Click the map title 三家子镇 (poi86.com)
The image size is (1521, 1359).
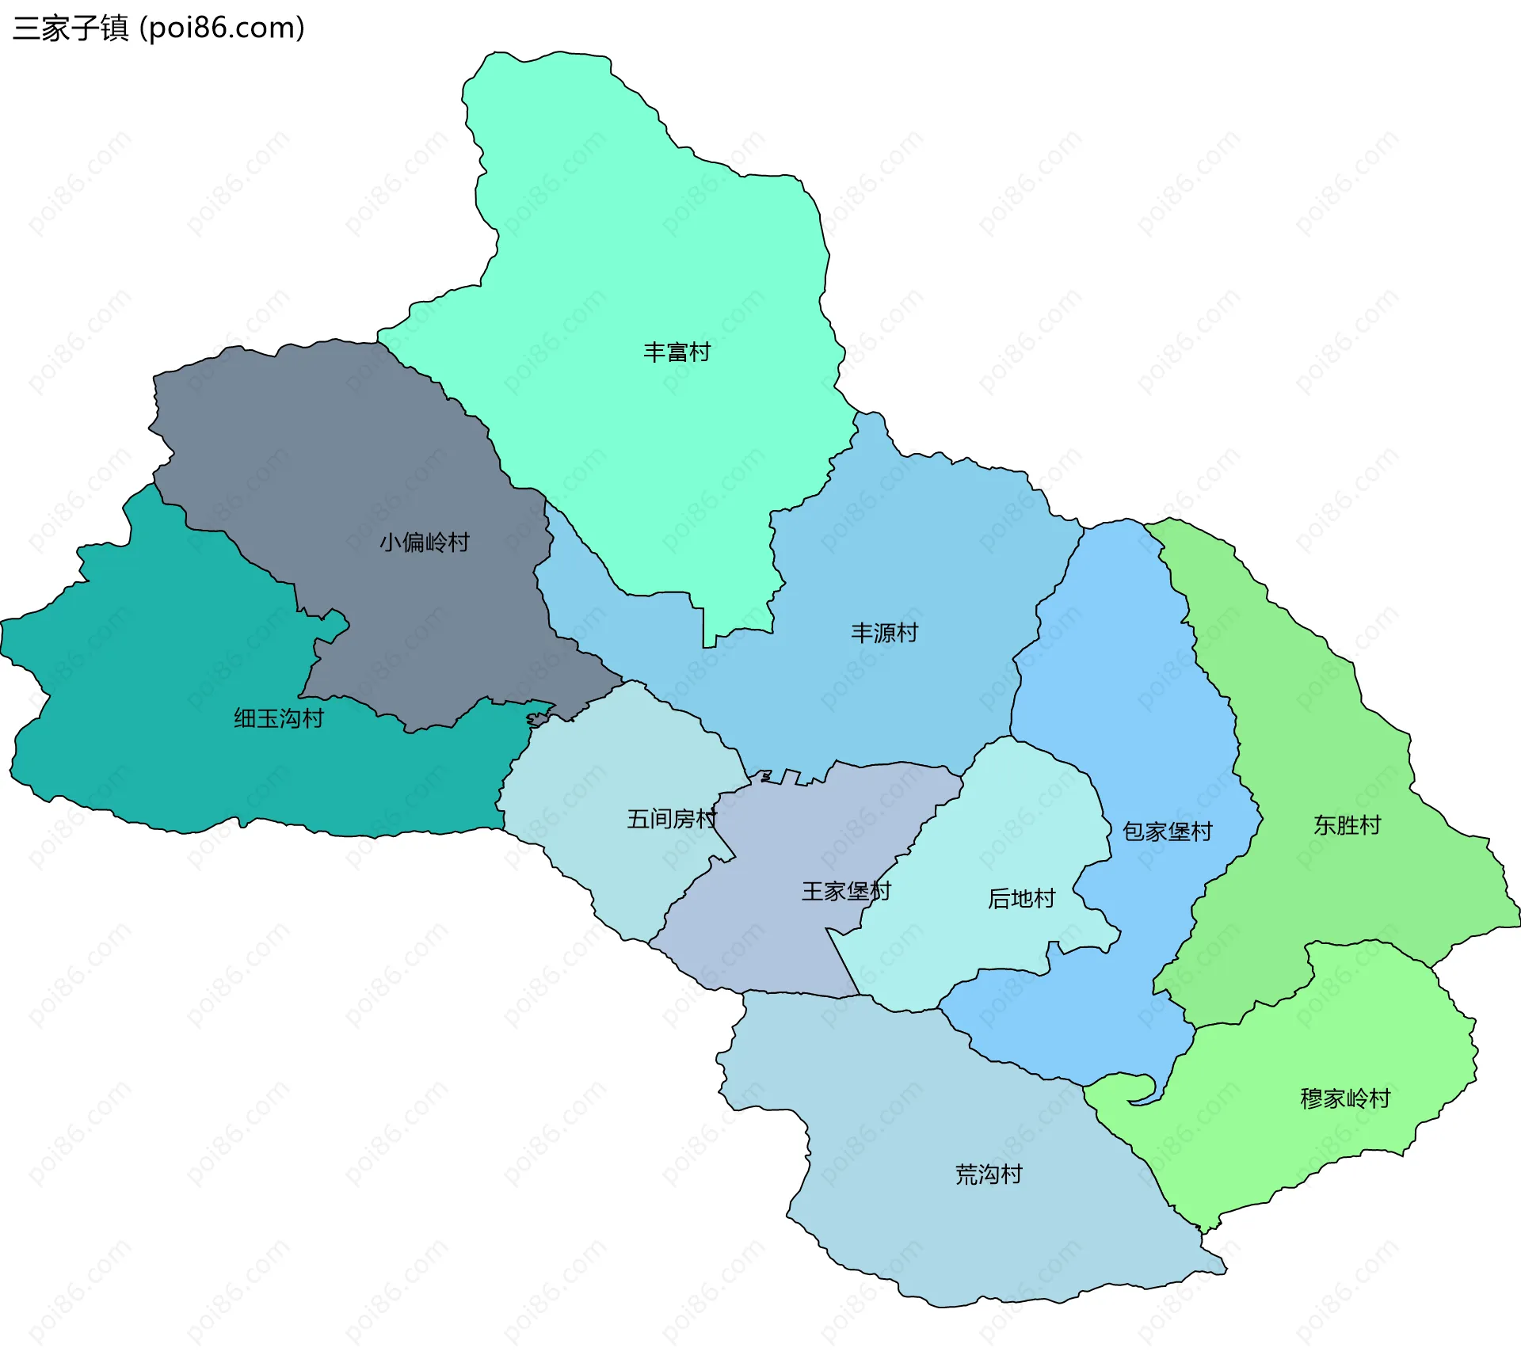pyautogui.click(x=158, y=29)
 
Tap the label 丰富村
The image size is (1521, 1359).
pyautogui.click(x=677, y=352)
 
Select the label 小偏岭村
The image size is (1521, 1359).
pyautogui.click(x=425, y=542)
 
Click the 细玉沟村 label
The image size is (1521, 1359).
pyautogui.click(x=279, y=718)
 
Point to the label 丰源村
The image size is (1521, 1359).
pyautogui.click(x=884, y=633)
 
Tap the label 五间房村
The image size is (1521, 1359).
pyautogui.click(x=672, y=819)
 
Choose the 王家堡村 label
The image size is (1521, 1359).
pyautogui.click(x=846, y=892)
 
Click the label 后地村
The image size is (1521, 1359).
pyautogui.click(x=1021, y=899)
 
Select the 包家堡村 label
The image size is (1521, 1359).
pyautogui.click(x=1167, y=832)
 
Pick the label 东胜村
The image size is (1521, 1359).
pyautogui.click(x=1347, y=825)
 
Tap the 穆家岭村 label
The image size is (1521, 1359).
pyautogui.click(x=1345, y=1098)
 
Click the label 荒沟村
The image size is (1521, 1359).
pyautogui.click(x=989, y=1174)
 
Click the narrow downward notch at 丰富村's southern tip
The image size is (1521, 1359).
pyautogui.click(x=710, y=634)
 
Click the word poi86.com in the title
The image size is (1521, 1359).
pyautogui.click(x=222, y=29)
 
